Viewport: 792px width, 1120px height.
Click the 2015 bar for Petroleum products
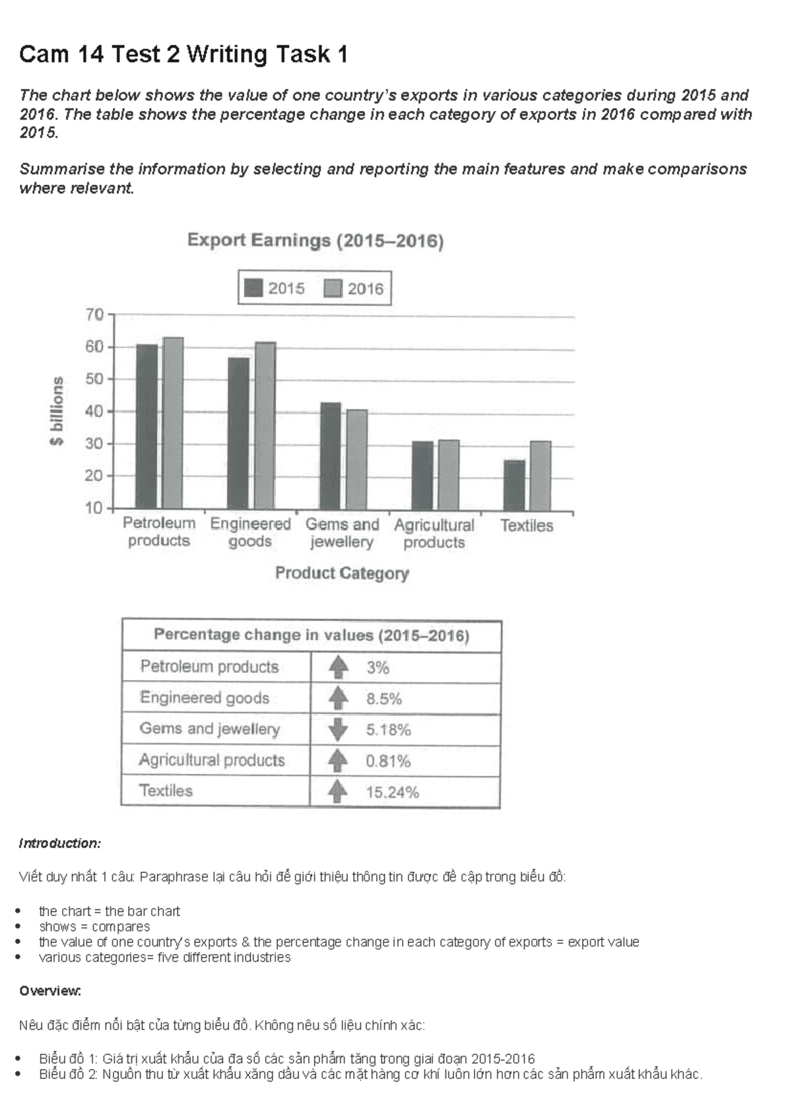click(x=147, y=427)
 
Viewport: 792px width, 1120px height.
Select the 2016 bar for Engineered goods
click(x=265, y=426)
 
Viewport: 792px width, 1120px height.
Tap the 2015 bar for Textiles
click(x=515, y=485)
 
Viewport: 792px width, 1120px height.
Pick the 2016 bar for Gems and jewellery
click(x=357, y=460)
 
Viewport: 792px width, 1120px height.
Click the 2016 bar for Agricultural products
click(x=449, y=475)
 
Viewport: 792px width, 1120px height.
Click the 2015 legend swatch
click(x=253, y=288)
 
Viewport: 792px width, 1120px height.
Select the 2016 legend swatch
click(x=333, y=289)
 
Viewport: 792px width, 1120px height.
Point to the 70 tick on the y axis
click(x=95, y=314)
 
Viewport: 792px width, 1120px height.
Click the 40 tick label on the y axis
click(x=94, y=411)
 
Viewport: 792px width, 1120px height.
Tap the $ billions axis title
click(x=57, y=411)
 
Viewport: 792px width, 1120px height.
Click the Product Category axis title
click(x=342, y=573)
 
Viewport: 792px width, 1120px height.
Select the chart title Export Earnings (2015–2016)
click(x=315, y=240)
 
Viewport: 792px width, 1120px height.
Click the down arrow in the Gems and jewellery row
click(x=338, y=729)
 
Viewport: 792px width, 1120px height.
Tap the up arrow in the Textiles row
click(x=337, y=791)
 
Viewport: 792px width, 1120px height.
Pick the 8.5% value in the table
click(x=384, y=699)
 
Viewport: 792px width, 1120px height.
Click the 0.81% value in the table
click(x=388, y=761)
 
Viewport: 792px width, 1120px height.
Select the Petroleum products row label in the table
click(x=209, y=667)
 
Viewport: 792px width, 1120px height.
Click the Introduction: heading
click(x=60, y=843)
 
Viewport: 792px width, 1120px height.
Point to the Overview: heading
click(x=50, y=991)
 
